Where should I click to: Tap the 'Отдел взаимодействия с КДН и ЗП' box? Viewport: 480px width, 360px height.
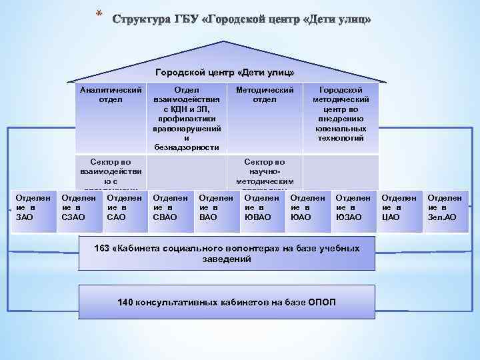pyautogui.click(x=186, y=117)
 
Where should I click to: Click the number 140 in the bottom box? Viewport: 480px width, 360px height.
pyautogui.click(x=125, y=302)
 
